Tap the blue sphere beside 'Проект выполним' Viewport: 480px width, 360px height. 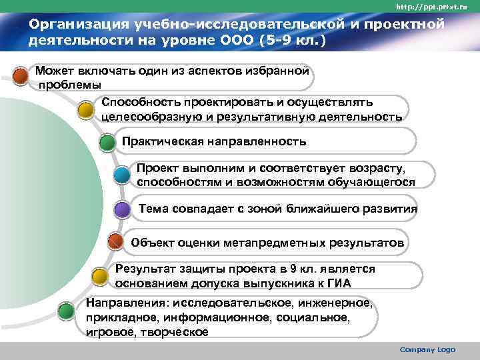tap(122, 175)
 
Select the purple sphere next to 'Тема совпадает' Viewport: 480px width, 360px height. tap(122, 210)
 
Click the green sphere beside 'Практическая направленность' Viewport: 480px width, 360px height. tap(107, 142)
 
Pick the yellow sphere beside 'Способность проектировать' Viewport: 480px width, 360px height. tap(86, 109)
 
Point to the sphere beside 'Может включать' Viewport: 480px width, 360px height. tap(21, 76)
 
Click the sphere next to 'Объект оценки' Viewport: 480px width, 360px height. tap(115, 242)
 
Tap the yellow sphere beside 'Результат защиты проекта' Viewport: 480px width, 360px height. tap(99, 275)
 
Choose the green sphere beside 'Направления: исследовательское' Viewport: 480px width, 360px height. tap(65, 311)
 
